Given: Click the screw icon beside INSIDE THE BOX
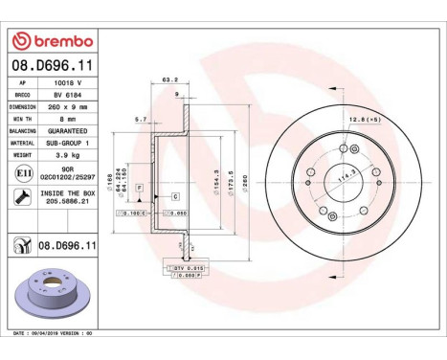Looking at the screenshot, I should point(20,195).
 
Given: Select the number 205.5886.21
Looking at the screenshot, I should point(68,201).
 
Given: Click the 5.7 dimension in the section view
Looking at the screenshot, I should point(141,120).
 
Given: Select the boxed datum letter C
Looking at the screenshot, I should point(175,195).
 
